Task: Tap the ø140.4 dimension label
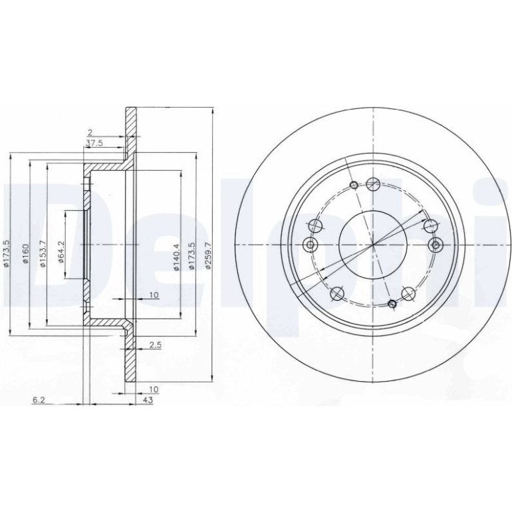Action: coord(176,257)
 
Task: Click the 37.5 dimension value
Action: coord(94,143)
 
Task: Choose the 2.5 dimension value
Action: coord(156,345)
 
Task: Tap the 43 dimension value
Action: coord(148,400)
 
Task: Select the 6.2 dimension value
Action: coord(39,400)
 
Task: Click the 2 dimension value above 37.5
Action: coord(90,132)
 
